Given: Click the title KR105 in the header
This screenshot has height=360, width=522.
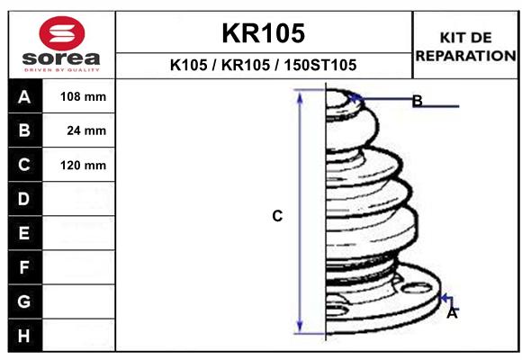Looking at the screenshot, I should tap(264, 33).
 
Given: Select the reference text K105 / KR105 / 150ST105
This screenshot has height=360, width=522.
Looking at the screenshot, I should tap(264, 65).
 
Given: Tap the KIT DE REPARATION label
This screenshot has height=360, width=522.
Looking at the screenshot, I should tap(465, 46).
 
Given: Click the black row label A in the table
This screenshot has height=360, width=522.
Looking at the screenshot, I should tap(24, 97).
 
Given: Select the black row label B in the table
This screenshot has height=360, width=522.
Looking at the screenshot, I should tap(24, 130).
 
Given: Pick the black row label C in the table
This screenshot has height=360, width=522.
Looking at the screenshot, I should tap(24, 165).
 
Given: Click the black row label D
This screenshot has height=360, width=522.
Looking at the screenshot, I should tap(24, 199).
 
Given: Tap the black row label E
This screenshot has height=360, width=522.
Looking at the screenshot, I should tap(24, 233).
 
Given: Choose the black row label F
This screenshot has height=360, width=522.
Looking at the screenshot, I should tap(24, 267).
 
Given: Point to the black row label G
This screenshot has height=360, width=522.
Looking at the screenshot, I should tap(24, 301).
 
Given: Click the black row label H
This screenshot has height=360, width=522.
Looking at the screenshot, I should tap(24, 336).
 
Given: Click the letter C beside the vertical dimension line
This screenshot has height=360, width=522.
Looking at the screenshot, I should tap(277, 216).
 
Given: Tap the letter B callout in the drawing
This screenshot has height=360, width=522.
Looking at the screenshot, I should tap(417, 101).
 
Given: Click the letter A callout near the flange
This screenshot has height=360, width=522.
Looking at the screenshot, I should tap(452, 313).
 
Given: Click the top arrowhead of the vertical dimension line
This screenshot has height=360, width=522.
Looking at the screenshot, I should tap(301, 96).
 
